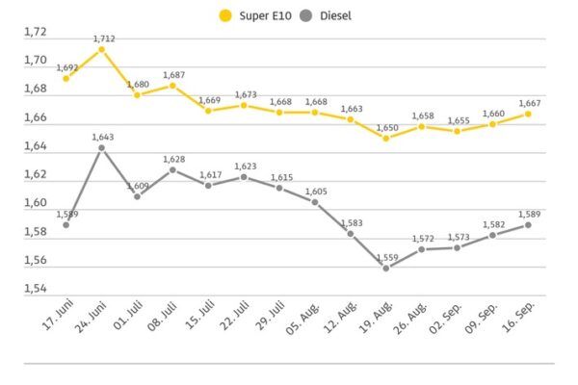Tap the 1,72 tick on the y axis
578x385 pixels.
pos(35,32)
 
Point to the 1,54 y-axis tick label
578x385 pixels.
pos(35,289)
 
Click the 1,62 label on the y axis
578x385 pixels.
pos(35,174)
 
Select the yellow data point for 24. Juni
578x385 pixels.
pos(101,49)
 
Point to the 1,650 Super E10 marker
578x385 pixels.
pos(385,138)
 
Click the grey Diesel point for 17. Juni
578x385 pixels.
pos(66,224)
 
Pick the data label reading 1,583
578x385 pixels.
pos(353,223)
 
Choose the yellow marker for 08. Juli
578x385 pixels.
pos(172,85)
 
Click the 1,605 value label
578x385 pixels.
pos(316,192)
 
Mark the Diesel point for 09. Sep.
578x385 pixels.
pos(492,235)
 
